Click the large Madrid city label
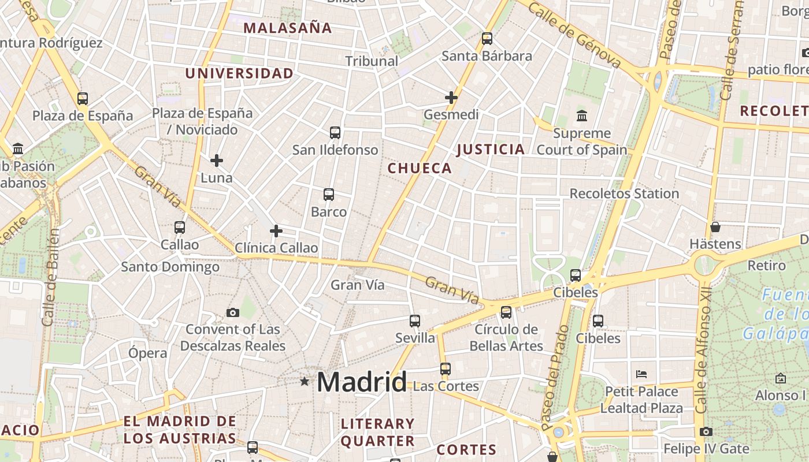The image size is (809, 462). pos(361,382)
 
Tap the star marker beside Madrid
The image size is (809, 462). pos(305,381)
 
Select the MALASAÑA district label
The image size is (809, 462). pos(287,28)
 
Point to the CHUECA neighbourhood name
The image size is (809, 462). pos(420,168)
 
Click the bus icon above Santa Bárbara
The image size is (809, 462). pos(487,39)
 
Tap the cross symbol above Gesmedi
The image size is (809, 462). pos(451,98)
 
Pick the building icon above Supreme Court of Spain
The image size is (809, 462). pos(582,116)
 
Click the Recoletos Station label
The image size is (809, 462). pos(624,193)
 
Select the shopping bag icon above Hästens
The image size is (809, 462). pos(715,227)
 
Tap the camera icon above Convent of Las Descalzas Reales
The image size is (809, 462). pos(233,313)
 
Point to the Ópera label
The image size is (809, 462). pos(148,353)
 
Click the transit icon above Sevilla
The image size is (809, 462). pos(415,321)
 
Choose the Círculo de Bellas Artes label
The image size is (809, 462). pos(506,338)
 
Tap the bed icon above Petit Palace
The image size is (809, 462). pos(641,374)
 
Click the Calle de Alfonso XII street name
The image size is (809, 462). pos(703,346)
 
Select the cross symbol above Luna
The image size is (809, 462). pos(217,160)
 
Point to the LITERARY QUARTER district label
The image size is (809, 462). pos(378,432)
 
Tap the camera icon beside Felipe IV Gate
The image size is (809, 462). pos(706,431)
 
